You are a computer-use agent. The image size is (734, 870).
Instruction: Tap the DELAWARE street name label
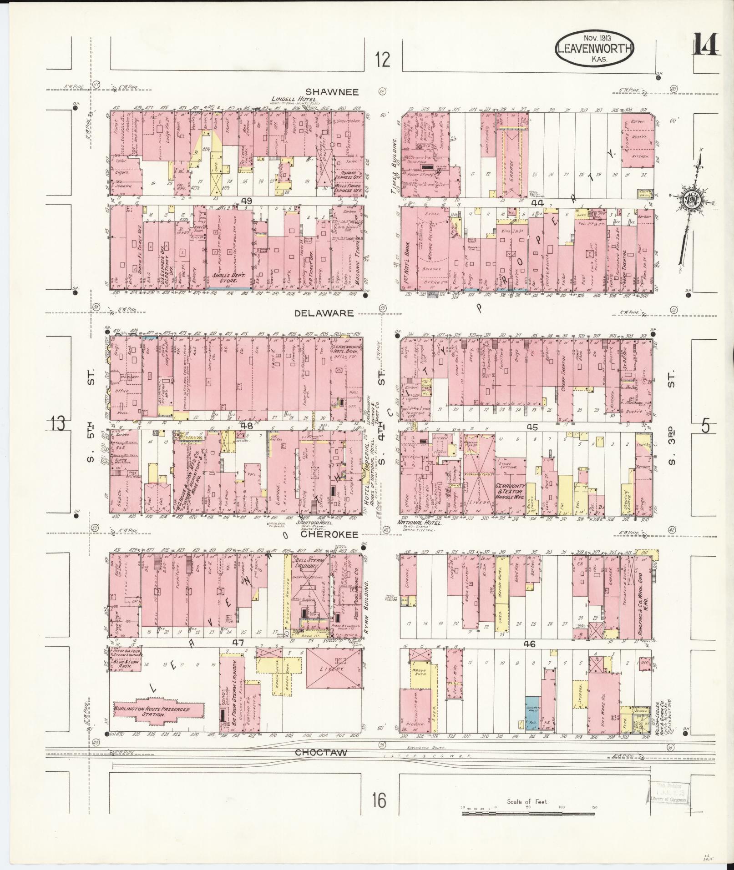click(x=324, y=313)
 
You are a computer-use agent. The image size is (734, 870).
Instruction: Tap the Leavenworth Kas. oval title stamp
click(x=595, y=49)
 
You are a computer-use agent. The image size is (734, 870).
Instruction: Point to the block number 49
click(x=247, y=201)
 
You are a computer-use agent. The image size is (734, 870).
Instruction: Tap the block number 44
click(x=538, y=203)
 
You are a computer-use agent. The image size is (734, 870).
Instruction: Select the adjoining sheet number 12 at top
click(x=383, y=60)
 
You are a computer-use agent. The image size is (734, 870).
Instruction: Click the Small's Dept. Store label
click(x=229, y=278)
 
